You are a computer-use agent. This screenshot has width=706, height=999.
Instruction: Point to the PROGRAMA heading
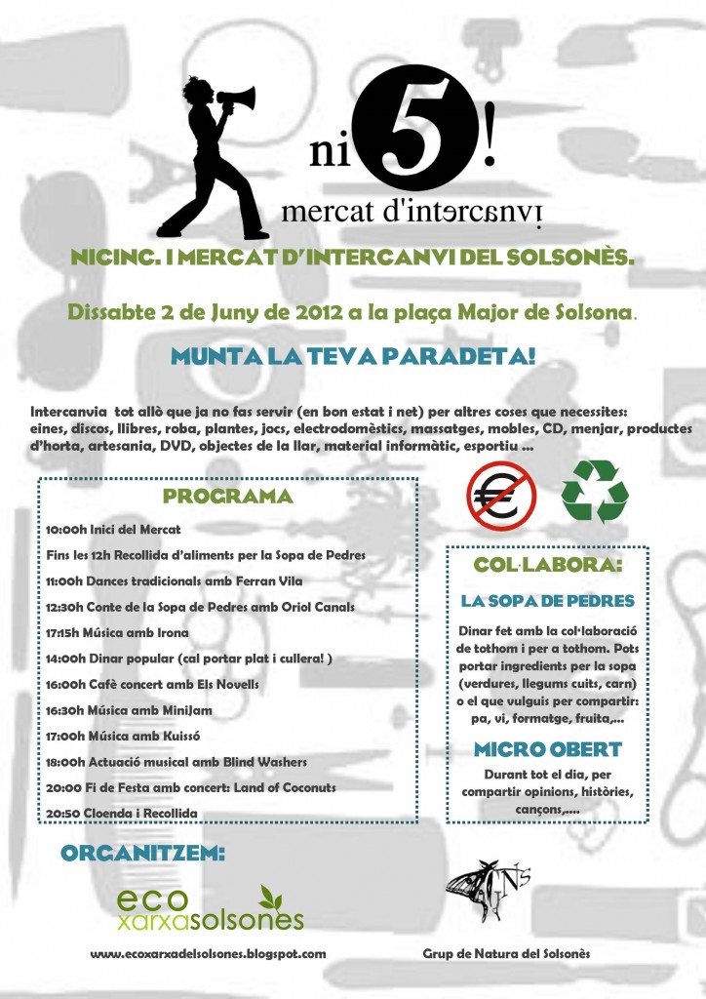tap(227, 496)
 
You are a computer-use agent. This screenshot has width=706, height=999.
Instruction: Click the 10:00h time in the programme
tap(65, 529)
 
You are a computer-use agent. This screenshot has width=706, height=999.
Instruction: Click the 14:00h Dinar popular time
tap(65, 659)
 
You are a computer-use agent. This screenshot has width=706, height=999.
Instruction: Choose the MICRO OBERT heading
tap(547, 750)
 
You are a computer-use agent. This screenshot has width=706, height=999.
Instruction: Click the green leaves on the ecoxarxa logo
tap(276, 898)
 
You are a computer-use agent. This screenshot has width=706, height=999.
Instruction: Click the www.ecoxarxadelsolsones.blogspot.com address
tap(207, 954)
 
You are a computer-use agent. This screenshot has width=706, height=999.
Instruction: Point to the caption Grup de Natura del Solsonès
tap(506, 954)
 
